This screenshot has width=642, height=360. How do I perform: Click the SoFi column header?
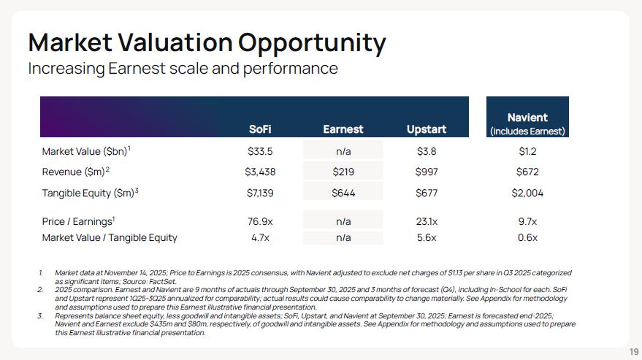[261, 129]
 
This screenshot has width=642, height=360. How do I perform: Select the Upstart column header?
[427, 129]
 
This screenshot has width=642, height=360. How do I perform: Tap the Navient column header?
[527, 118]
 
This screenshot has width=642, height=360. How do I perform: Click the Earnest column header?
[343, 129]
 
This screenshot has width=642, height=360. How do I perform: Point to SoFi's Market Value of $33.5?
[261, 151]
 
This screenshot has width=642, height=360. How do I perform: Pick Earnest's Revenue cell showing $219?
[343, 172]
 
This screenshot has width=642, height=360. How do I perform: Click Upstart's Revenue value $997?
[427, 172]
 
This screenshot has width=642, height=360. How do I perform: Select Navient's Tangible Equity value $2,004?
[527, 193]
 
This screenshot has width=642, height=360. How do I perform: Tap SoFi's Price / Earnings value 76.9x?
[261, 221]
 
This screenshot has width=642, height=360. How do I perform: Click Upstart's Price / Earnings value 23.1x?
[427, 221]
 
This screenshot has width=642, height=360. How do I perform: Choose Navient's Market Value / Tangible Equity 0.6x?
[527, 237]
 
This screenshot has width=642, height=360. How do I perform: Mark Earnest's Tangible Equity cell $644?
[343, 193]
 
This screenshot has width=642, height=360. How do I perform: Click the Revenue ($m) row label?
[75, 172]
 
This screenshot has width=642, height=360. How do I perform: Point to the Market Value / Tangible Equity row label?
[110, 237]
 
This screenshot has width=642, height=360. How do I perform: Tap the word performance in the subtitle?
[289, 69]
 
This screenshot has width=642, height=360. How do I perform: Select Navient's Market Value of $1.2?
[527, 151]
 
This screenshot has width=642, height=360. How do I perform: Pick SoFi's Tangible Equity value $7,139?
[261, 193]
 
